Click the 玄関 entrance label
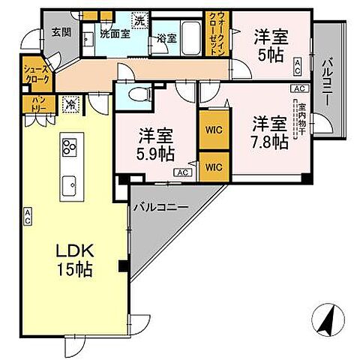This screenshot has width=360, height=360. (61, 31)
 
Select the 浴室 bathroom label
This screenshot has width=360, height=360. (166, 37)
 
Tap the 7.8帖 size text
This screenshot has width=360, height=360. (268, 141)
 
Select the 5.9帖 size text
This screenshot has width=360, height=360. (155, 154)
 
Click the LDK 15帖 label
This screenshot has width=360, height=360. (73, 259)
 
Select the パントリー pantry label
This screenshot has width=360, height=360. (37, 103)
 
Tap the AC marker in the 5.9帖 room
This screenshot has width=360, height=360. (181, 172)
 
